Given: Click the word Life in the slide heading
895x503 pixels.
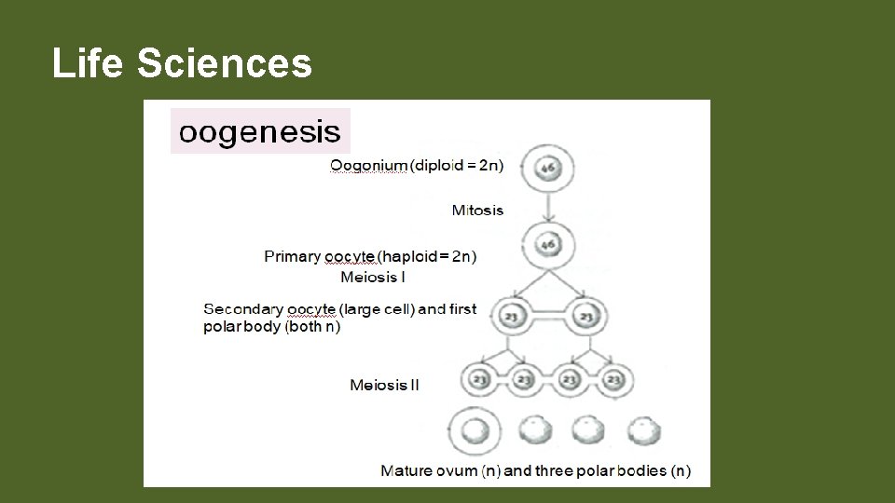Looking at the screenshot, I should coord(89,64).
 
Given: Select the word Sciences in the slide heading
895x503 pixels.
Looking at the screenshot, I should coord(225,64).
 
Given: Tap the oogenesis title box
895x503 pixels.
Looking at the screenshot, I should coord(260,131).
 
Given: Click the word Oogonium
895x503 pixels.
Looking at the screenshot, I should coord(368,166).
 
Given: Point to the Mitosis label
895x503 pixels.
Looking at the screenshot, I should coord(477,210).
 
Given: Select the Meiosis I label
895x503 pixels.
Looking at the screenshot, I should coord(373,277).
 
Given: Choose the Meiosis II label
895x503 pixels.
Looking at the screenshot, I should coord(384,385).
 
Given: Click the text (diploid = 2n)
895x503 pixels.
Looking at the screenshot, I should coord(457,166).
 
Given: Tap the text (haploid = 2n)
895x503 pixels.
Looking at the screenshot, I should coord(427,256).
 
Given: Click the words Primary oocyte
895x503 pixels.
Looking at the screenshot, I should coord(320,256).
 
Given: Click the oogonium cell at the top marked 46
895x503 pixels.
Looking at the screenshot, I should coord(548,170).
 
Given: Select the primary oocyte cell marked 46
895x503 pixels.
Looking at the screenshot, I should coord(548,244).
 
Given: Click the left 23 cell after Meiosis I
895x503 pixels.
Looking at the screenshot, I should coord(511,317).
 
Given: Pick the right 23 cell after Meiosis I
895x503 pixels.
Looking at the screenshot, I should coord(585,317).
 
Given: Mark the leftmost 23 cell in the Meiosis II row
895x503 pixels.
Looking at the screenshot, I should coord(479,380).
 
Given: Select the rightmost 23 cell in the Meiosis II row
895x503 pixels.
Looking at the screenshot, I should coord(613,380).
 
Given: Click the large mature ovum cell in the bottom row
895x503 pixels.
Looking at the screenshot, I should coord(475,430).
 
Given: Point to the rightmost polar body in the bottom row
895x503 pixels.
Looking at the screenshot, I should coord(642,430).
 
